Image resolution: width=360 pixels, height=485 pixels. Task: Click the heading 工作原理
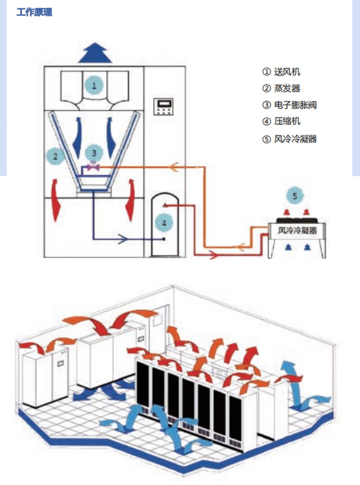point(34,13)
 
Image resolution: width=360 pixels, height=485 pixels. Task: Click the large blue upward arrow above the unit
point(94,53)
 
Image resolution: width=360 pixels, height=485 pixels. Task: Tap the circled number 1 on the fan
point(94,85)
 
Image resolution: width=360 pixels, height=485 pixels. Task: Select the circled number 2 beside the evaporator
point(55,156)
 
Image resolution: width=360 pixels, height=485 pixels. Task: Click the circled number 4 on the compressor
point(164,222)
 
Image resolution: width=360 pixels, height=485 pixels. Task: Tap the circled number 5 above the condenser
point(295,195)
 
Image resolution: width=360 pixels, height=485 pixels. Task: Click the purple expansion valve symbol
point(94,167)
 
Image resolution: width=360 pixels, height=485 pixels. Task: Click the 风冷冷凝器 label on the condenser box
point(297,231)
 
